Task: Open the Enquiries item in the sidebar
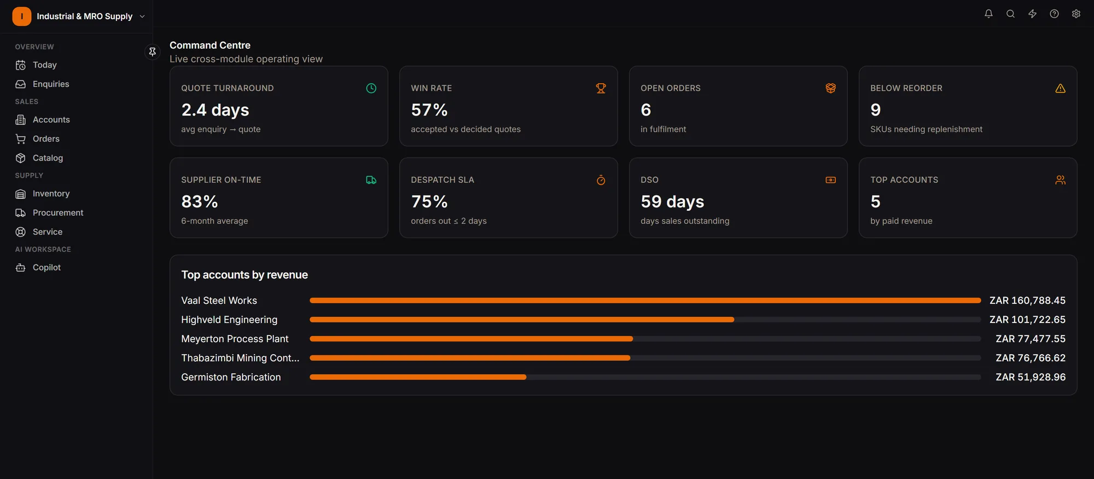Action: pos(51,84)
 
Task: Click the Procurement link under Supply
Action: pos(58,212)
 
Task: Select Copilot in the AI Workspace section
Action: pos(46,267)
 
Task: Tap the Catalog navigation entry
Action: pos(48,158)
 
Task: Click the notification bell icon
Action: pos(988,14)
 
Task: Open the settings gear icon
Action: pos(1076,14)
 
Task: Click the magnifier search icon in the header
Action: pos(1010,14)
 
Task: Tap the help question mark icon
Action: pos(1054,14)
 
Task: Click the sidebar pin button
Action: pos(153,51)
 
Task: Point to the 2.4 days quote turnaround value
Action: pos(215,110)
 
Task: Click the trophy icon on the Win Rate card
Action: pos(601,88)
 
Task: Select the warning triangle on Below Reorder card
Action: pos(1060,88)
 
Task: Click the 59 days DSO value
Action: pos(672,202)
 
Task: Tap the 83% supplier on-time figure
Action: pos(200,202)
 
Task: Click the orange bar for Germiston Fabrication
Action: pos(418,377)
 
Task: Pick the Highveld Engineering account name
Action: pos(229,320)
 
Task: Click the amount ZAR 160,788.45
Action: pos(1027,301)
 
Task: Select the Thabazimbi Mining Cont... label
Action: pos(240,358)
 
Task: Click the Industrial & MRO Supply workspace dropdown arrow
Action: pos(142,16)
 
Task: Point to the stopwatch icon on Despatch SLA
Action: pos(601,180)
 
